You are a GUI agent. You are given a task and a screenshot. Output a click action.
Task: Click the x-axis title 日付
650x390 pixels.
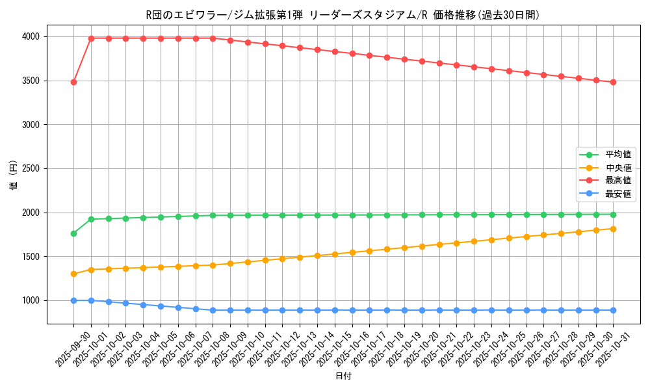(x=343, y=376)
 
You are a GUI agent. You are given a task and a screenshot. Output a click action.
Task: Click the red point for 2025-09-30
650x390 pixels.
(x=73, y=82)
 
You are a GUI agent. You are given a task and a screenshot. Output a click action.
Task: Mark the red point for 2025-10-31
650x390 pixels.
(x=613, y=82)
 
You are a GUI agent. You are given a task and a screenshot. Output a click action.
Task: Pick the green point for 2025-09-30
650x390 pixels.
(x=73, y=233)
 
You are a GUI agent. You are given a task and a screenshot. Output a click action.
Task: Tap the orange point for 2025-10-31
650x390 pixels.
(x=613, y=229)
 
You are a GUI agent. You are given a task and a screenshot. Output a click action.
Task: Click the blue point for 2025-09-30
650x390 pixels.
(x=73, y=300)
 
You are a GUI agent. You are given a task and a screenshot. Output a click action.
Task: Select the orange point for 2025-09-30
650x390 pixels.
(x=73, y=274)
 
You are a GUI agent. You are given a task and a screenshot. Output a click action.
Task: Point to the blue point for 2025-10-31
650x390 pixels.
(x=613, y=310)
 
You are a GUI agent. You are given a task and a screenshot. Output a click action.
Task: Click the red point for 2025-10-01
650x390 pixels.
(x=91, y=38)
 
